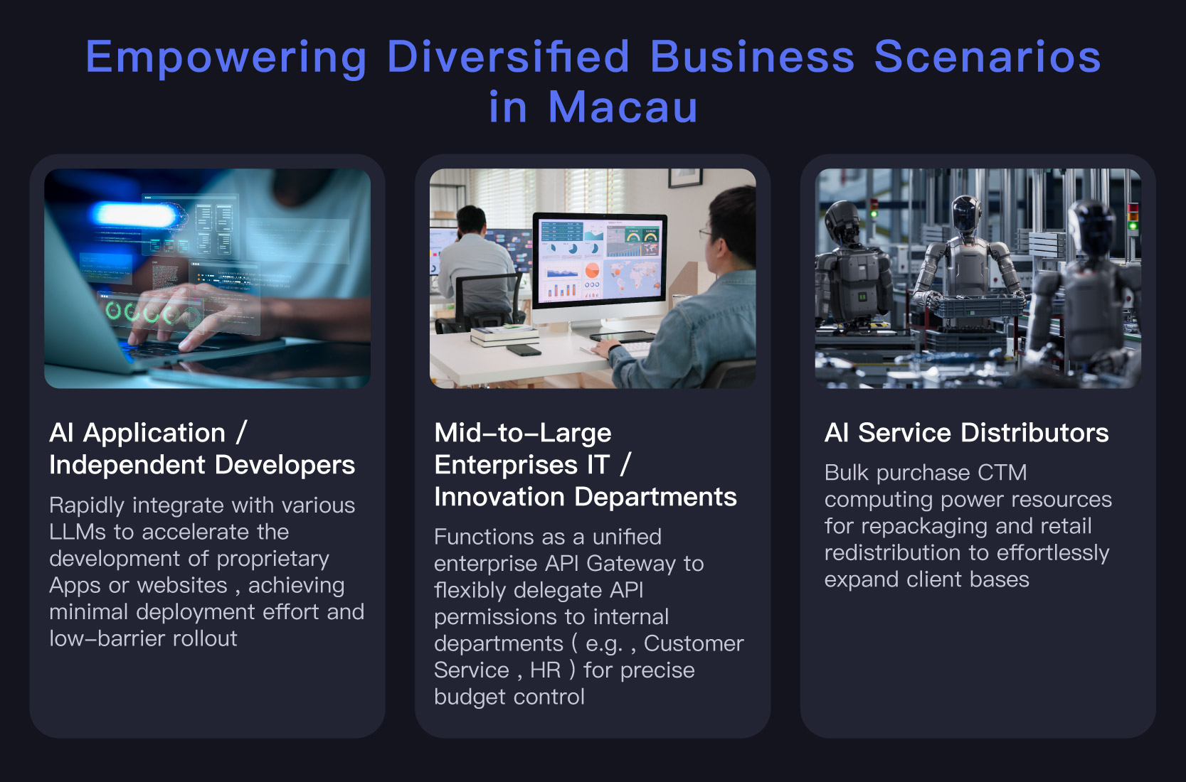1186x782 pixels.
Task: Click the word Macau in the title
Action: (x=623, y=107)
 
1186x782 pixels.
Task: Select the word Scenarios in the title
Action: (x=988, y=56)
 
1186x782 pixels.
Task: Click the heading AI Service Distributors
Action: (x=966, y=432)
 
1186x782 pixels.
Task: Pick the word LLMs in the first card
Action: (x=78, y=532)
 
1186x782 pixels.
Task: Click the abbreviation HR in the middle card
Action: (x=545, y=670)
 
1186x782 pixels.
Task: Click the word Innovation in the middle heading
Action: (x=499, y=497)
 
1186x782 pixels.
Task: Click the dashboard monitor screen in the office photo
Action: (x=599, y=259)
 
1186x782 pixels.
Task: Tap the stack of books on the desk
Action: (x=504, y=336)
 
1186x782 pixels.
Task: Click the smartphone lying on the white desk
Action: (x=524, y=350)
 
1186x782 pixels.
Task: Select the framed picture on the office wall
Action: (x=685, y=177)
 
